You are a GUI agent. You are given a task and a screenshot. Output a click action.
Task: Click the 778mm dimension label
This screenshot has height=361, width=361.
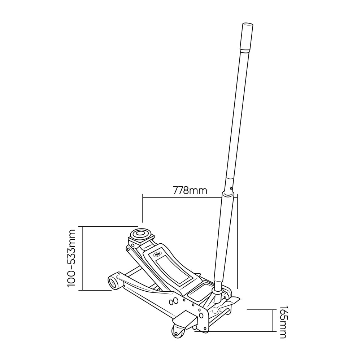[190, 190]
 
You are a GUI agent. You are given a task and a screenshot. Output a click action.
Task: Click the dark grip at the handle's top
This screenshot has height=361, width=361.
[247, 37]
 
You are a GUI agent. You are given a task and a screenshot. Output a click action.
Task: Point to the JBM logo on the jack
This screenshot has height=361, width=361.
[158, 254]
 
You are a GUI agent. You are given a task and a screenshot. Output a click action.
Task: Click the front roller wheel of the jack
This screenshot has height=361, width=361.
[115, 281]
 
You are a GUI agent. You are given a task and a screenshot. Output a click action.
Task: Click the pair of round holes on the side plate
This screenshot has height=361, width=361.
[173, 301]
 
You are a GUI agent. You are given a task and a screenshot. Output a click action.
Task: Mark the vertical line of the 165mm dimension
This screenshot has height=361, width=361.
[273, 321]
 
